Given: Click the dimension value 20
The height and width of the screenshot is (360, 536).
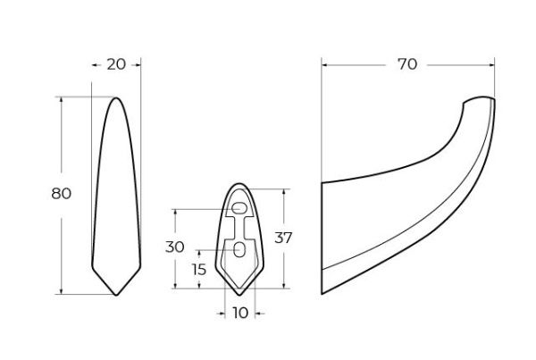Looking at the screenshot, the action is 116,64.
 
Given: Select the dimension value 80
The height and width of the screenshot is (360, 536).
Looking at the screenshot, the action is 62,194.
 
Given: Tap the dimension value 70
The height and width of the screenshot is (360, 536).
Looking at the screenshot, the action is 407,64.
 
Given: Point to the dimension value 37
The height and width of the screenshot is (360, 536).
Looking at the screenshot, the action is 283,238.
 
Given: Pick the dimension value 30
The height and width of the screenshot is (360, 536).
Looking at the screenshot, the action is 175,247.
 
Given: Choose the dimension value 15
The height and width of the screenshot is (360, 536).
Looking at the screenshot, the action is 198,270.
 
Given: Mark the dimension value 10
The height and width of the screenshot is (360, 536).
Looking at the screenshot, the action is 240,313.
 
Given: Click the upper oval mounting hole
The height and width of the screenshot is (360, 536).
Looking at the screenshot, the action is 239,208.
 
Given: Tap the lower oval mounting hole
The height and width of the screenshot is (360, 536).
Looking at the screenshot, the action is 239,250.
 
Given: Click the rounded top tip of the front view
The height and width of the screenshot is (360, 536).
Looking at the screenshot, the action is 116,98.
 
